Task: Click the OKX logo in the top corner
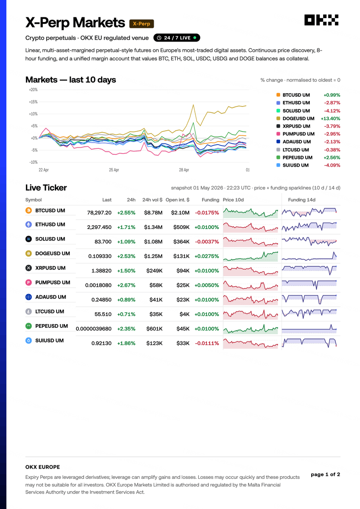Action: pyautogui.click(x=321, y=20)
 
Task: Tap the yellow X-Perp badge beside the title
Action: pyautogui.click(x=141, y=24)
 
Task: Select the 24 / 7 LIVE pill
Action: pyautogui.click(x=177, y=38)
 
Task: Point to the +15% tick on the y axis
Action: pyautogui.click(x=33, y=102)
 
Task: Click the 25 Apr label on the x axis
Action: pyautogui.click(x=114, y=170)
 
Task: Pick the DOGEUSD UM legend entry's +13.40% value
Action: pyautogui.click(x=330, y=118)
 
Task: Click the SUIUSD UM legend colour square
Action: pyautogui.click(x=278, y=165)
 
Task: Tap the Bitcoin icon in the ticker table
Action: pyautogui.click(x=28, y=210)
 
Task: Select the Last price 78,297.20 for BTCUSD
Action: pyautogui.click(x=99, y=213)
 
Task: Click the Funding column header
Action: pyautogui.click(x=211, y=200)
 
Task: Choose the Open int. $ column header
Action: pyautogui.click(x=177, y=200)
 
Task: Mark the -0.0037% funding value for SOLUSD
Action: pyautogui.click(x=207, y=241)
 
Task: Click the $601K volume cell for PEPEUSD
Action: pyautogui.click(x=154, y=329)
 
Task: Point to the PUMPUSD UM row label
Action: pyautogui.click(x=53, y=282)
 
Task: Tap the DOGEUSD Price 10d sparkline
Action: pyautogui.click(x=250, y=256)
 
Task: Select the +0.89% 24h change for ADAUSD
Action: pyautogui.click(x=126, y=300)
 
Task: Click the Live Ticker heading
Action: pyautogui.click(x=46, y=187)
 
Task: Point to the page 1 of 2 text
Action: pyautogui.click(x=325, y=474)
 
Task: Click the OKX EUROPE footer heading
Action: pyautogui.click(x=42, y=467)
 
